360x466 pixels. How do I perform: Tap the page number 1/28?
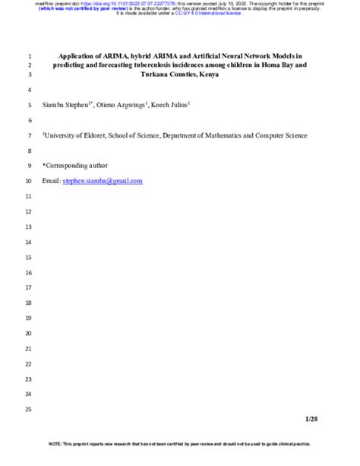311,419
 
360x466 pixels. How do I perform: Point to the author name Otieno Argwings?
124,104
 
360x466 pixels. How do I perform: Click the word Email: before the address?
51,181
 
